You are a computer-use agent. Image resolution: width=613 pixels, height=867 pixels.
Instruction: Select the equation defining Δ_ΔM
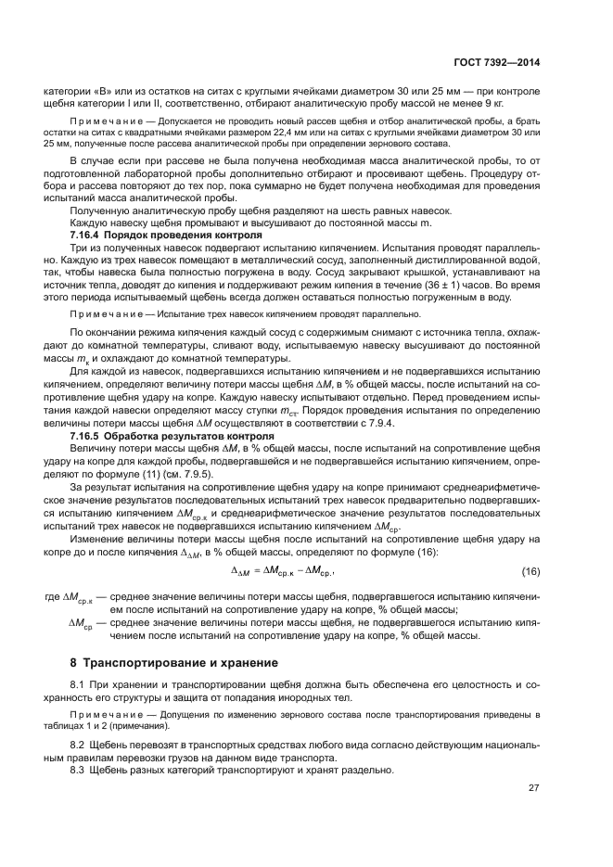pyautogui.click(x=281, y=571)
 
